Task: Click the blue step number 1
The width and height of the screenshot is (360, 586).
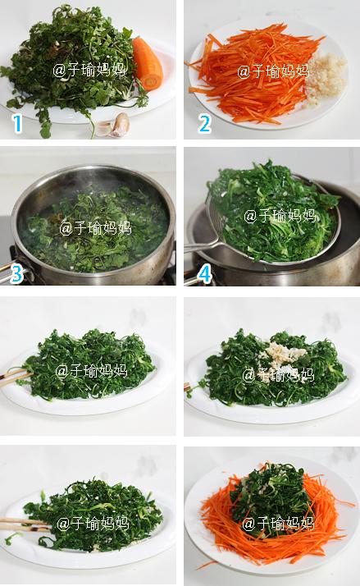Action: (17, 124)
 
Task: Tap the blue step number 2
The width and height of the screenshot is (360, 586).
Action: (204, 124)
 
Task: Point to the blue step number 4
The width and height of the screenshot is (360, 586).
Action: (205, 274)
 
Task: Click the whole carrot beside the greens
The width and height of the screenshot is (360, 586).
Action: (148, 63)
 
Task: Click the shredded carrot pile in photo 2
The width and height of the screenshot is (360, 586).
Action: (253, 71)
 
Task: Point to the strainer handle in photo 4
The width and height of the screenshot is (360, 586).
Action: (202, 245)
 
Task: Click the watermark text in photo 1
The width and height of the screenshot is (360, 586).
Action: (89, 70)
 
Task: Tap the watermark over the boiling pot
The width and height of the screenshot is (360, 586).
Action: (96, 227)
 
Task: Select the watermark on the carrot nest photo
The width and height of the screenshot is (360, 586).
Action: (278, 524)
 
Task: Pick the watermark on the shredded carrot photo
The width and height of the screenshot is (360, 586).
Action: (273, 71)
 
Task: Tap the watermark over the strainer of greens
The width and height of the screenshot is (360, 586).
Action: (280, 216)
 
